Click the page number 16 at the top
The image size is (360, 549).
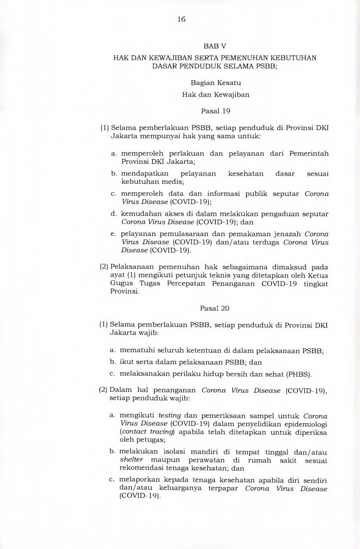(x=181, y=19)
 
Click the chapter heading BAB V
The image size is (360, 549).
(x=215, y=46)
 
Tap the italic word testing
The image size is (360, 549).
(x=169, y=415)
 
